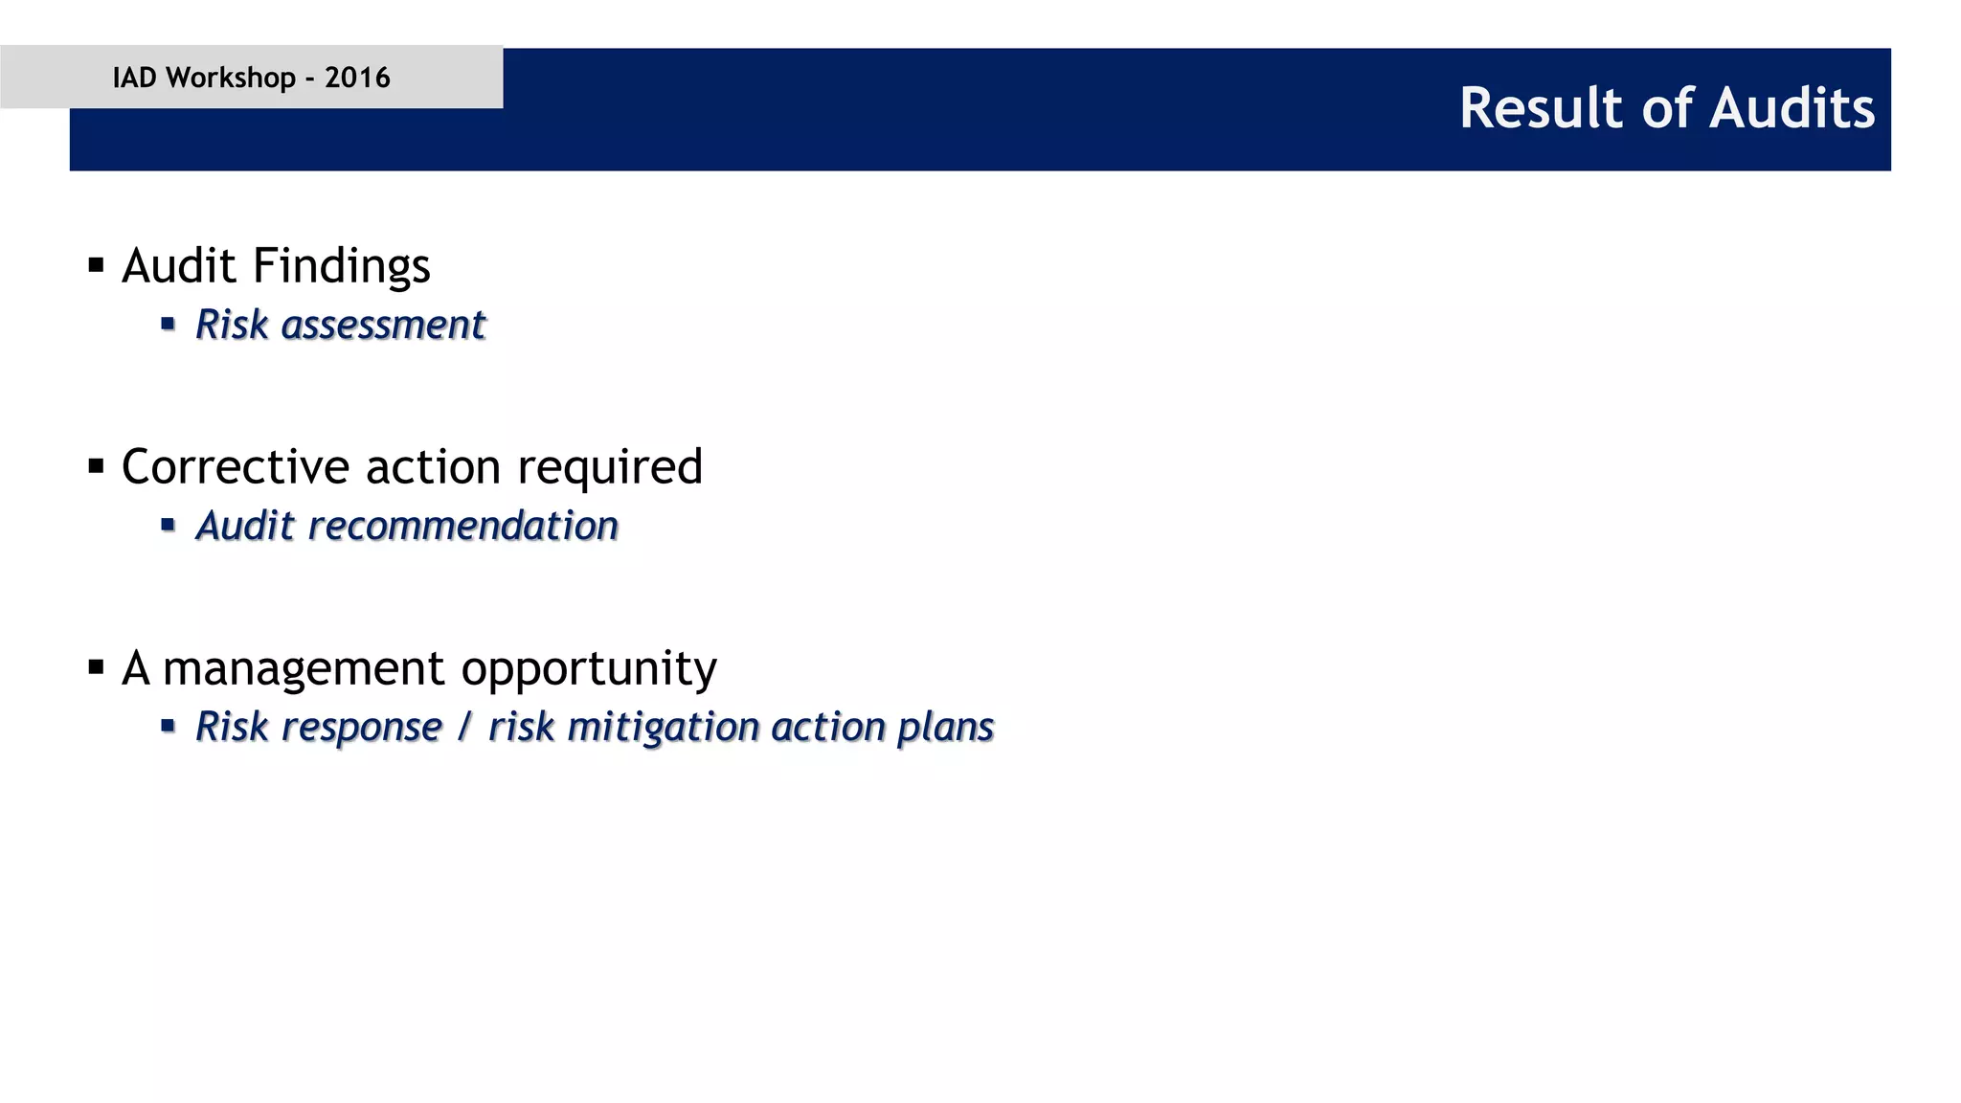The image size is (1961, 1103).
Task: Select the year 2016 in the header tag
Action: click(x=357, y=78)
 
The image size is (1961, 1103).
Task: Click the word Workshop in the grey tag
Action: click(x=231, y=78)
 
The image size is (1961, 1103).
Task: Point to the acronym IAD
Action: click(x=134, y=78)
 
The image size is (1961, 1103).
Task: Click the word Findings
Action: click(x=342, y=266)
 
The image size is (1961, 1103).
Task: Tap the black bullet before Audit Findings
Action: click(x=96, y=265)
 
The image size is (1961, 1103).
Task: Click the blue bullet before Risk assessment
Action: click(x=169, y=325)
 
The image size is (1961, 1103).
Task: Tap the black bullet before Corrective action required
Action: click(x=96, y=466)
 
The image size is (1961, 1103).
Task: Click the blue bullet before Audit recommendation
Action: click(x=169, y=525)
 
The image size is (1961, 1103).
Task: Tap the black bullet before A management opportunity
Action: click(x=96, y=667)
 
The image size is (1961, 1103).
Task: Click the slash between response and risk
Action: click(x=464, y=727)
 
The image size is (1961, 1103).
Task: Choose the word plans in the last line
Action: click(x=945, y=728)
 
